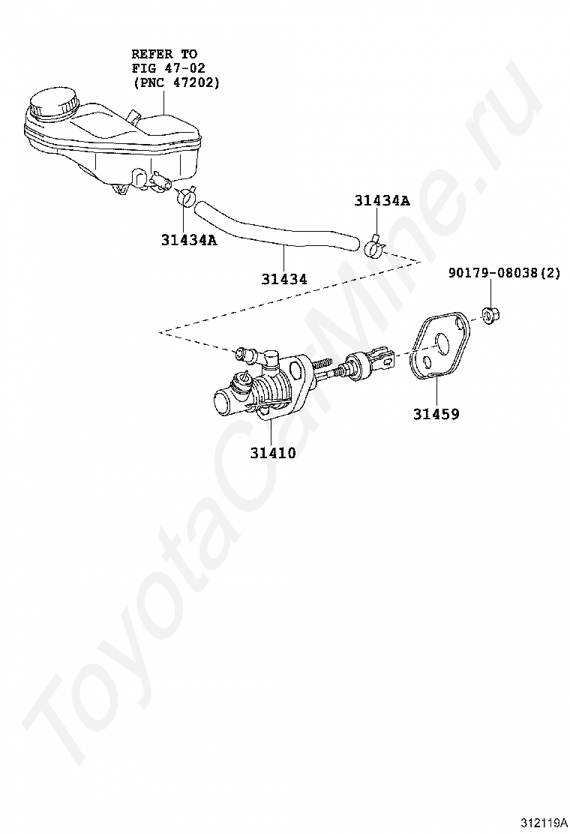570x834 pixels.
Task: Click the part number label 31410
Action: click(x=273, y=453)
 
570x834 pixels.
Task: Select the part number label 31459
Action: click(x=436, y=413)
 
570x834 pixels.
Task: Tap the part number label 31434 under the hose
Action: click(x=284, y=279)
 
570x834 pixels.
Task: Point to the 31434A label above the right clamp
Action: click(x=382, y=201)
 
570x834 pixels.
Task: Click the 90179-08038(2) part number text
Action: click(x=505, y=274)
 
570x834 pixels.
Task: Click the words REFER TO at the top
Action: click(x=164, y=54)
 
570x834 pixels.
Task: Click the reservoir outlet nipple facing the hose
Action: click(x=162, y=181)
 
